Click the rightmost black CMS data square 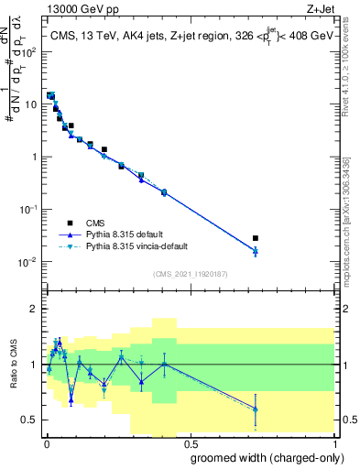tap(256, 238)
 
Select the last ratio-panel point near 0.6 tap(256, 409)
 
